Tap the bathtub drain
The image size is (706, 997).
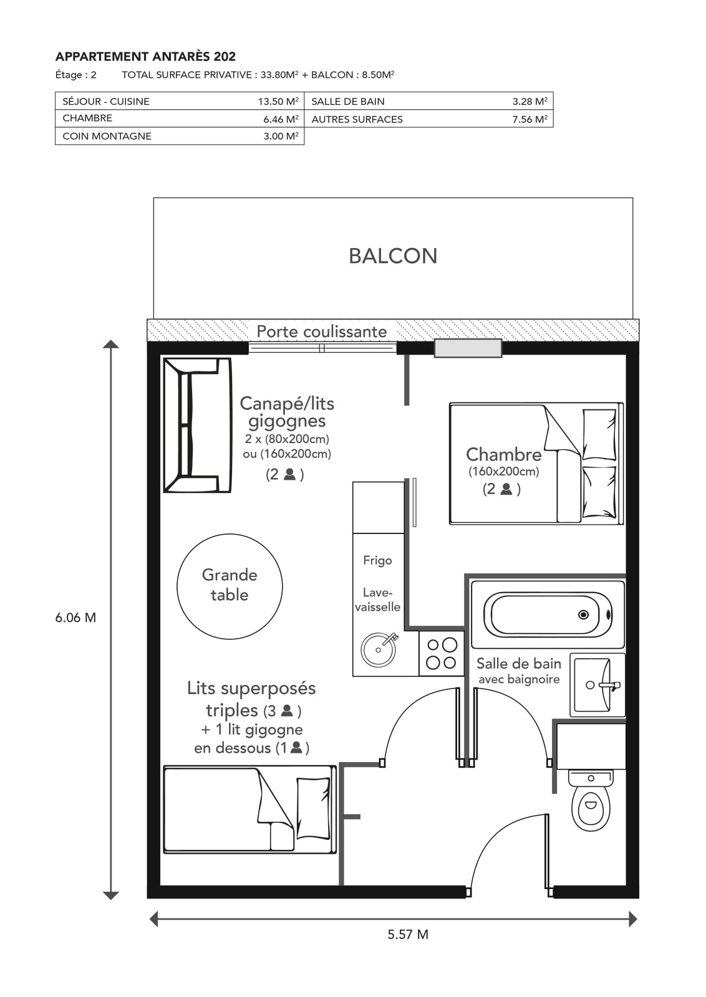point(583,614)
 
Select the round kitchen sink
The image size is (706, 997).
point(379,649)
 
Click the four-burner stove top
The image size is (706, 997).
point(442,654)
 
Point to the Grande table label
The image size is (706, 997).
point(230,585)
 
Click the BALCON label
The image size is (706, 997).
point(393,256)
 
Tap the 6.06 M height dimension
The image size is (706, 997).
point(75,618)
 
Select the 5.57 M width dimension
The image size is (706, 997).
point(407,934)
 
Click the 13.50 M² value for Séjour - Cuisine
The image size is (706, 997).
point(278,101)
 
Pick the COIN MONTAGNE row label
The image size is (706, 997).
point(107,136)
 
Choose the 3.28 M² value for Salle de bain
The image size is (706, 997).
point(529,101)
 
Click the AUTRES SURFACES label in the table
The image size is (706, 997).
point(357,119)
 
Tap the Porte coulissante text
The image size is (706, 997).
point(322,332)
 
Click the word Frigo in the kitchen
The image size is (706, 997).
point(377,560)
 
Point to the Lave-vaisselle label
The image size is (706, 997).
point(377,599)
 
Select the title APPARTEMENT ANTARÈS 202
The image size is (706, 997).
point(145,57)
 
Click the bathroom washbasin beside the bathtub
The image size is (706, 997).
point(597,685)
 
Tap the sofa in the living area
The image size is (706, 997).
point(197,425)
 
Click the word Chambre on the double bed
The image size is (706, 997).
point(504,454)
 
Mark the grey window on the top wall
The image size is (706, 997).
point(468,348)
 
